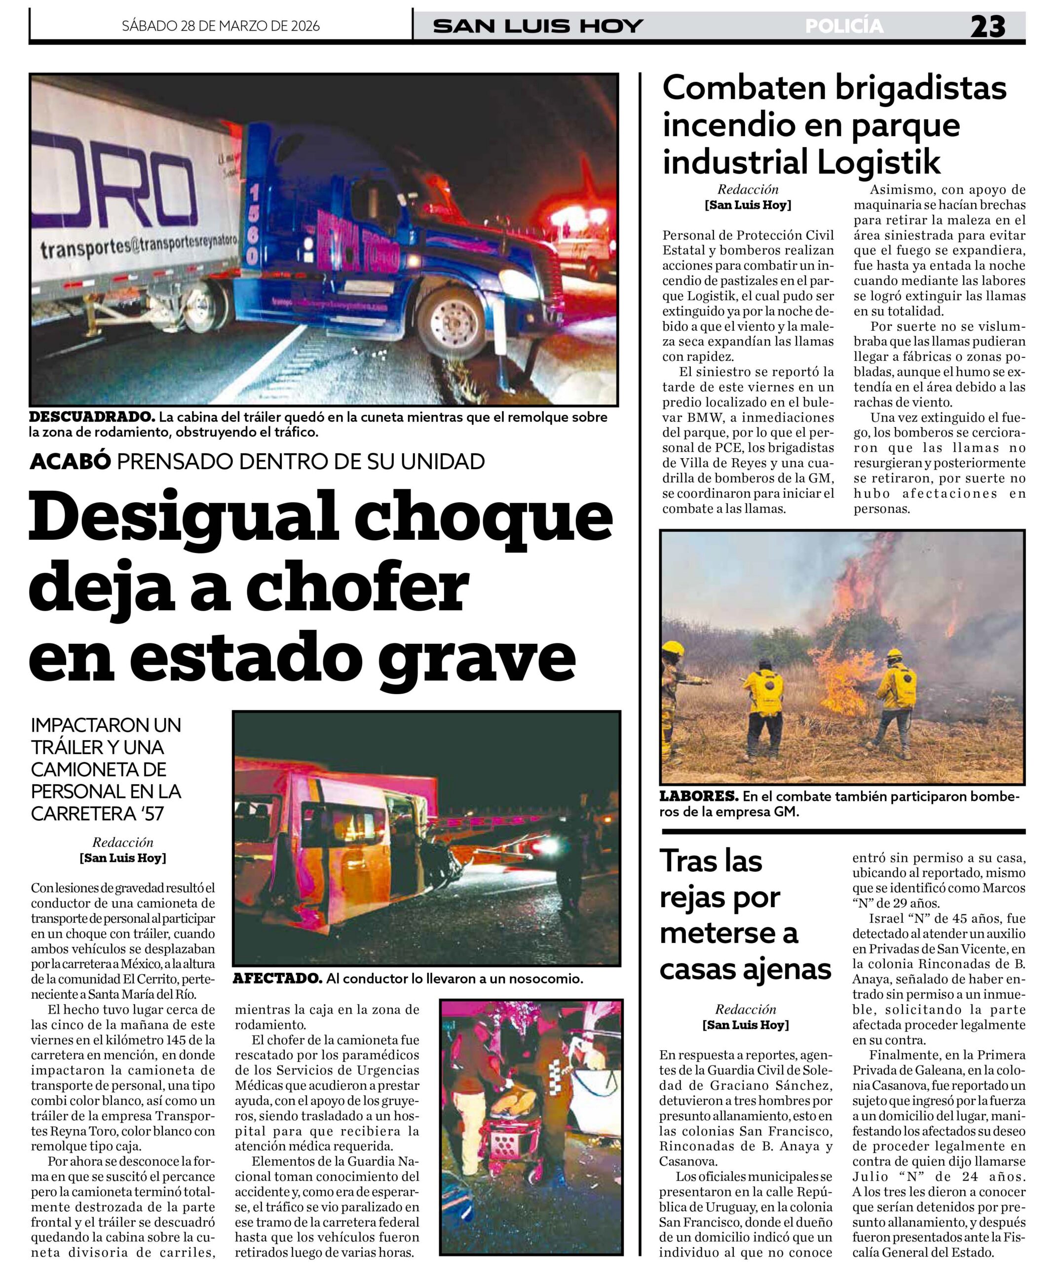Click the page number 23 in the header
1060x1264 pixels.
tap(988, 27)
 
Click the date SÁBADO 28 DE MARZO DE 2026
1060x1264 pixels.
tap(221, 26)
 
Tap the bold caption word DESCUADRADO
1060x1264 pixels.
tap(92, 417)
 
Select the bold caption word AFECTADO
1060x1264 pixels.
tap(277, 979)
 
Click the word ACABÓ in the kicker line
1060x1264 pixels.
tap(71, 461)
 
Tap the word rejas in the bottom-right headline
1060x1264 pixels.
tap(719, 898)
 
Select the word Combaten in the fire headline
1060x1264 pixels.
tap(742, 88)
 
